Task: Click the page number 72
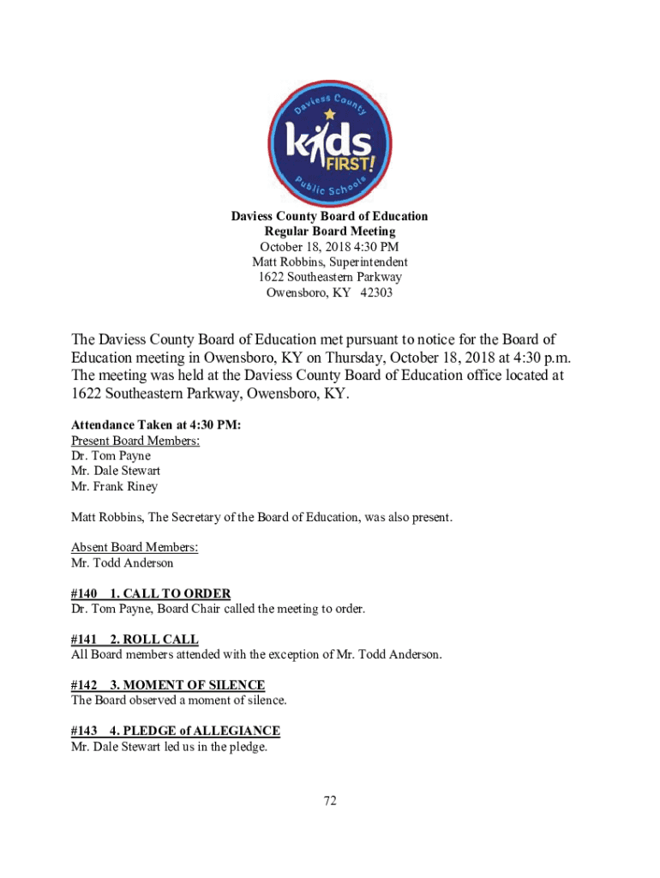click(330, 801)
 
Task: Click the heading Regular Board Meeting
click(330, 232)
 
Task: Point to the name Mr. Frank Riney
click(115, 487)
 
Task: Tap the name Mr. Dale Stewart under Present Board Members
click(116, 472)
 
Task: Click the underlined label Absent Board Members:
click(135, 548)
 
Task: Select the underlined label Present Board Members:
click(135, 441)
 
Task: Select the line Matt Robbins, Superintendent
click(330, 262)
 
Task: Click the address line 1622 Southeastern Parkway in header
click(330, 277)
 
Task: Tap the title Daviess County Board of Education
click(330, 216)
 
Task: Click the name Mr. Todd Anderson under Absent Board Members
click(123, 563)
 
